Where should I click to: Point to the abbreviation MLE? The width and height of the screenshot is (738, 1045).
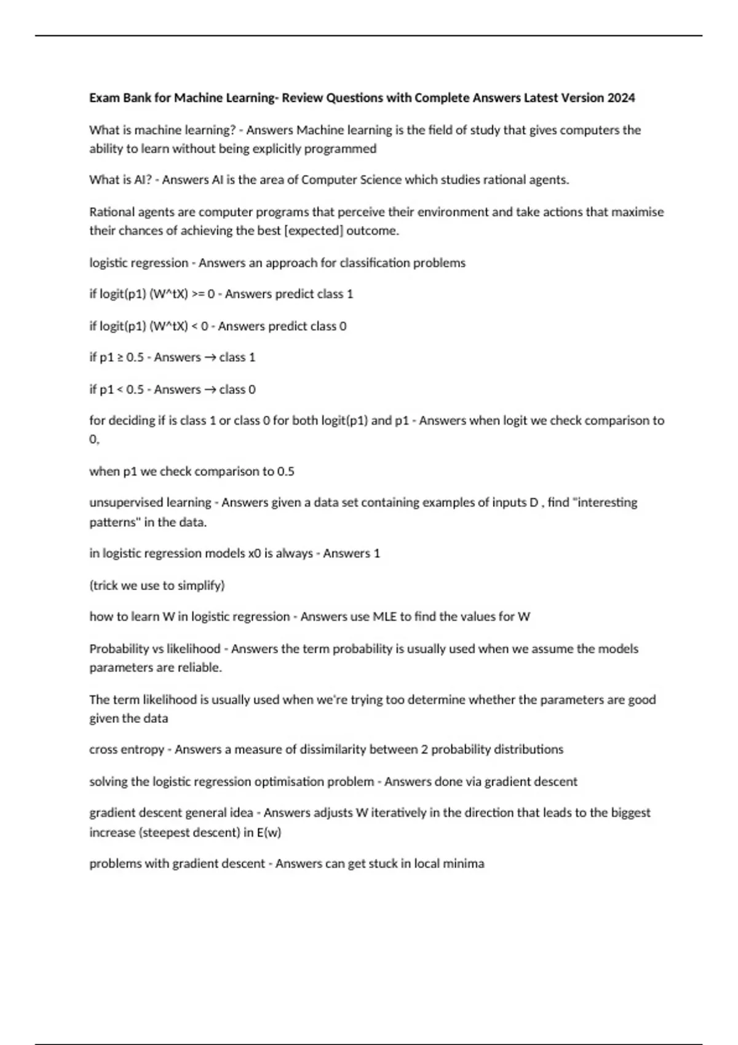(385, 617)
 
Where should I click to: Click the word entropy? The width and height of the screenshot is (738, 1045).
(143, 750)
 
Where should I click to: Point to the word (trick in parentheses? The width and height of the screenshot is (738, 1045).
(104, 586)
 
